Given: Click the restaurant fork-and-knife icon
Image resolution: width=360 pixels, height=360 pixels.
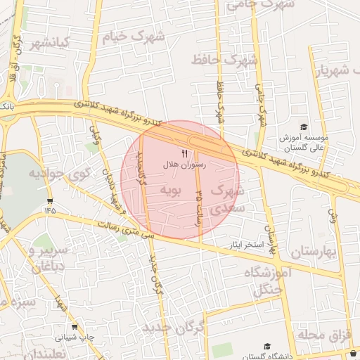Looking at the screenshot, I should [184, 153].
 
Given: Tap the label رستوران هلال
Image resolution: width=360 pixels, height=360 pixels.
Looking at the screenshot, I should [184, 163].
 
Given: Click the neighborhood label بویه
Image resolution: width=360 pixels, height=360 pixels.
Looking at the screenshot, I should [172, 189].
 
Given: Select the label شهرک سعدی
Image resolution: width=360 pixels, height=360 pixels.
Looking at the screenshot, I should [228, 199].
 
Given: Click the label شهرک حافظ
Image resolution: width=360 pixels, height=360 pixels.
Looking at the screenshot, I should [226, 60].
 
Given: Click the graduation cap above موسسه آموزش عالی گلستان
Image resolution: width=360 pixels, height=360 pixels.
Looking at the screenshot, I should [304, 127].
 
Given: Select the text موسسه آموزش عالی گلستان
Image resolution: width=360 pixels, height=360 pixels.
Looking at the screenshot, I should [301, 143].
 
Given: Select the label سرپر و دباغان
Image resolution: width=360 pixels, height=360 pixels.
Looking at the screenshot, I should [51, 257].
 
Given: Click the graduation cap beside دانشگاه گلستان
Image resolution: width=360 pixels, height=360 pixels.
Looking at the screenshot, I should [267, 347].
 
